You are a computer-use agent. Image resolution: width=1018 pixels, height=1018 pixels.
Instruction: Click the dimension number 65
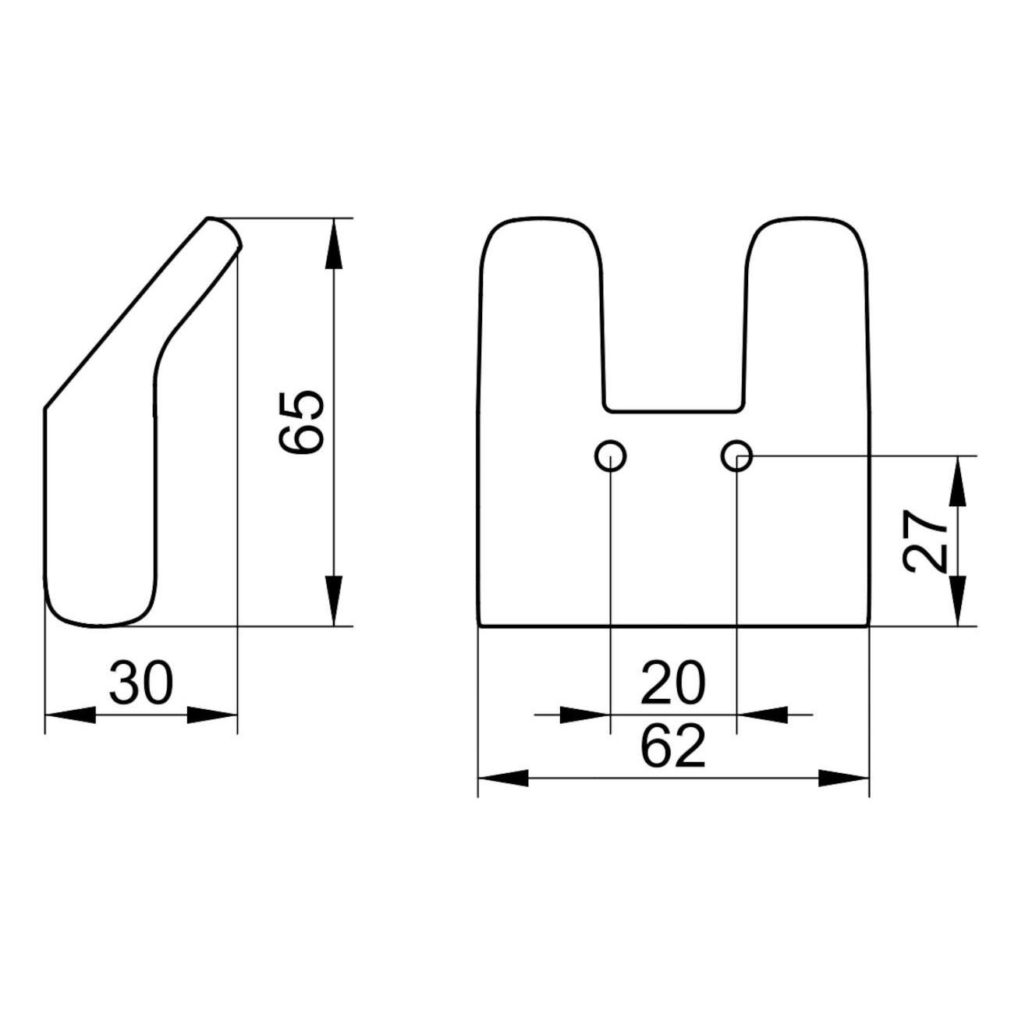coord(300,422)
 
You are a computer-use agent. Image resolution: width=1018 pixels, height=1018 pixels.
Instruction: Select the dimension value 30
coord(140,683)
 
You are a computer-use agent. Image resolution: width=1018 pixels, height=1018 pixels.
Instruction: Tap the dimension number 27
coord(924,541)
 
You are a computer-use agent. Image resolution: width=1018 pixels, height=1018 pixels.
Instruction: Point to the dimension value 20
coord(673,683)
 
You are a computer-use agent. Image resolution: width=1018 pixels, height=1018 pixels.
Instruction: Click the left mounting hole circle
coord(610,455)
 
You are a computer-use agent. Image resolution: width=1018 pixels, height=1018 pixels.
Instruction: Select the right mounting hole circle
coord(736,455)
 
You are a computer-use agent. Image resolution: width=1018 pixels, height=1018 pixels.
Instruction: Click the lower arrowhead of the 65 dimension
coord(333,601)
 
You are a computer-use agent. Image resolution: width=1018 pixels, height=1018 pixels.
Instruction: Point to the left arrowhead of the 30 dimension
coord(71,715)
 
